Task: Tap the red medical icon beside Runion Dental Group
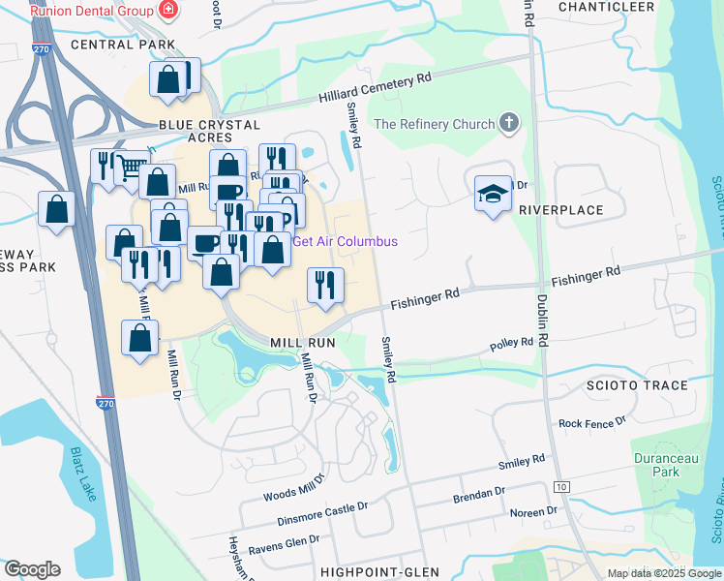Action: [x=169, y=11]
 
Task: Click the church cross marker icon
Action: [x=509, y=124]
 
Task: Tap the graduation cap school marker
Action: [x=492, y=193]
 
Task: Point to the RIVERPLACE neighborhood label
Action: [x=560, y=210]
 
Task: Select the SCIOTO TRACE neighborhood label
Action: [x=637, y=385]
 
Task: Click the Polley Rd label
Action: [x=511, y=344]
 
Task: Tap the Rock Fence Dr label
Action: [x=592, y=423]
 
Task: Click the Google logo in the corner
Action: [x=32, y=569]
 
